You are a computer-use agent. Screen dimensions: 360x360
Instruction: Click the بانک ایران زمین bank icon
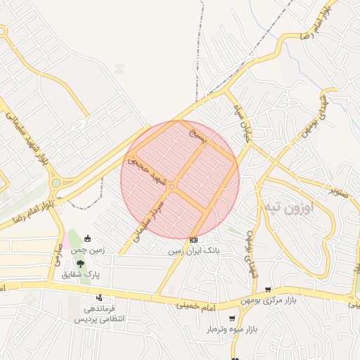pos(193,240)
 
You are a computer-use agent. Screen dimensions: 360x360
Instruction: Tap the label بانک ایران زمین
pos(193,250)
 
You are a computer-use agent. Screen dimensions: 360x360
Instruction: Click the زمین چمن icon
pos(87,238)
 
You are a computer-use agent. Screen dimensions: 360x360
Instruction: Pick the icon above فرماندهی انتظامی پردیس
pos(99,298)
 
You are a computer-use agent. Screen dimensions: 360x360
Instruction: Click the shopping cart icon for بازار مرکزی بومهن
pos(268,289)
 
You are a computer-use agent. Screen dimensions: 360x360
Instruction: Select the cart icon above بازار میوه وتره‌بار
pos(232,318)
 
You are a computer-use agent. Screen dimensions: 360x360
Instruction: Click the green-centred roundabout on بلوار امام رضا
pos(55,184)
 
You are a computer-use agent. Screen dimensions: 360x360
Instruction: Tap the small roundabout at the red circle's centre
pos(171,186)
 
